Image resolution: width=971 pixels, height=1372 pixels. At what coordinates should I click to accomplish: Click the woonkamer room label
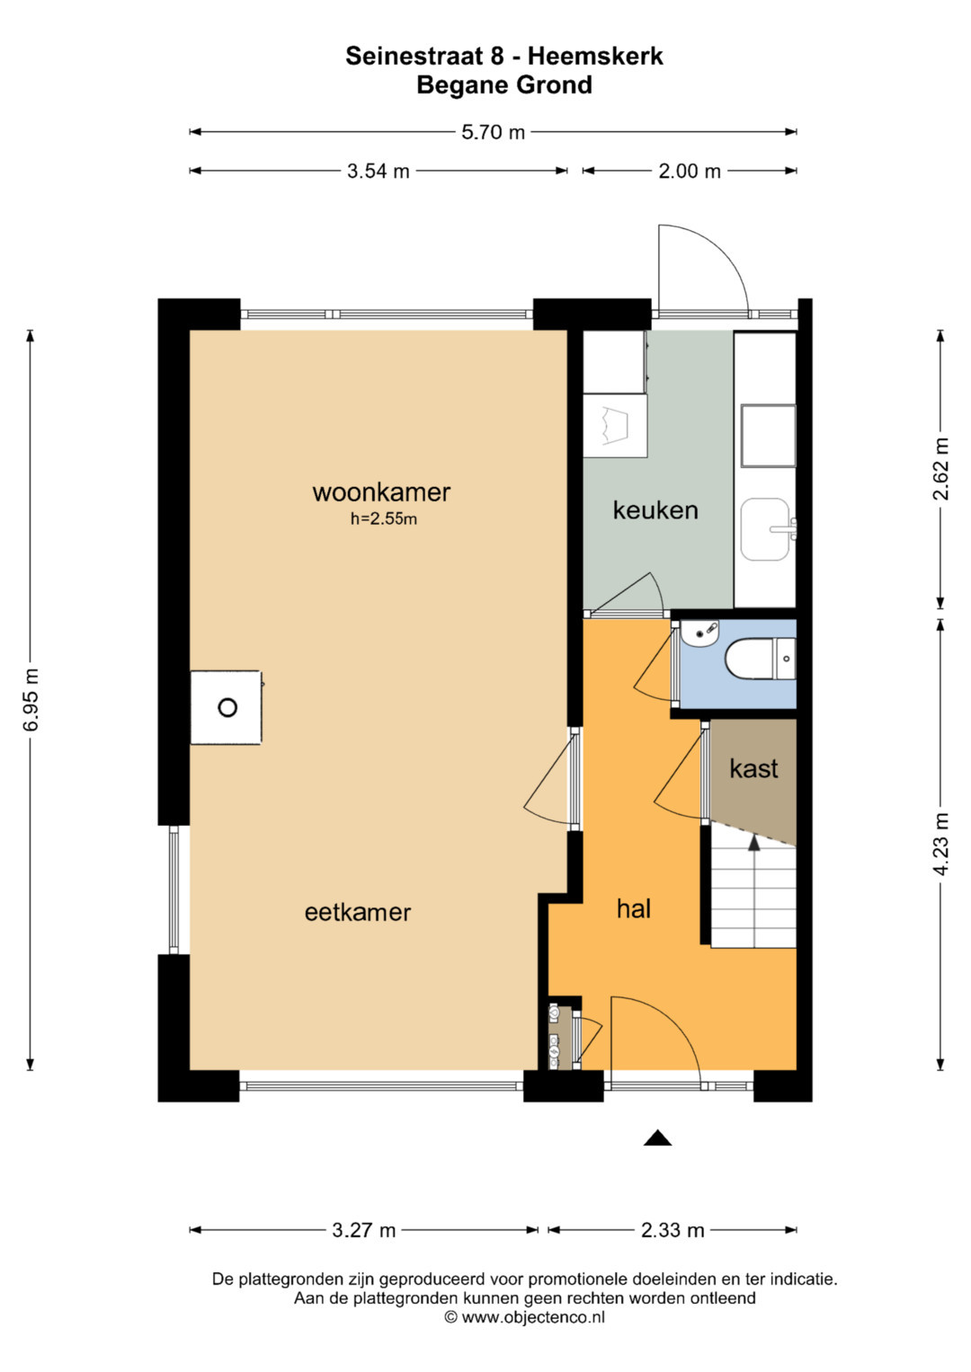[381, 492]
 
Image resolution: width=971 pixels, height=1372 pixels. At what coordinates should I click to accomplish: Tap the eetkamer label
[358, 912]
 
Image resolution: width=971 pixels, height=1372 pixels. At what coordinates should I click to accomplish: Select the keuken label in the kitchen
[655, 510]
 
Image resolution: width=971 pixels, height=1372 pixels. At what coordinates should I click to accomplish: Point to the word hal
[634, 909]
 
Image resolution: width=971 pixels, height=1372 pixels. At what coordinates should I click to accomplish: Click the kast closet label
[753, 768]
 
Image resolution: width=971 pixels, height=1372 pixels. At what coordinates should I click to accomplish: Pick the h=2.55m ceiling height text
[384, 518]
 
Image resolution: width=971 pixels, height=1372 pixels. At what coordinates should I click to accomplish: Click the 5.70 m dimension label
[494, 132]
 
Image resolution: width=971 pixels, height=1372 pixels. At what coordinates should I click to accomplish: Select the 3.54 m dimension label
[379, 171]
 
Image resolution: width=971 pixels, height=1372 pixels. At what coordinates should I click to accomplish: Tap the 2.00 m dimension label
[690, 171]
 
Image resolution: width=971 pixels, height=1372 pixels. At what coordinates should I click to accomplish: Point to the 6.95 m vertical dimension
[31, 699]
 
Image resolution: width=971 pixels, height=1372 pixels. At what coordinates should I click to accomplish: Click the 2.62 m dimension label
[940, 469]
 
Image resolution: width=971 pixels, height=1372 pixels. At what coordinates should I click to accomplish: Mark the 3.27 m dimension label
[363, 1230]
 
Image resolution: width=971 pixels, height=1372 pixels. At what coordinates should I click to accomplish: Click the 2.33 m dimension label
[673, 1230]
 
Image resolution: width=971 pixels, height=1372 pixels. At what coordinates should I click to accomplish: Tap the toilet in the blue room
[760, 659]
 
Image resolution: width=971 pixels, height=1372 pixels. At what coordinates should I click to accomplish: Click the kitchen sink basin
[764, 529]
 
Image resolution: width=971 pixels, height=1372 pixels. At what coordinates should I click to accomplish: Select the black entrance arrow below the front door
[658, 1138]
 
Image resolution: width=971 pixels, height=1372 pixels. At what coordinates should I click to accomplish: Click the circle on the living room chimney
[227, 707]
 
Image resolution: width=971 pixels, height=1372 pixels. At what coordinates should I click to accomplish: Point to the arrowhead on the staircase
[754, 844]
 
